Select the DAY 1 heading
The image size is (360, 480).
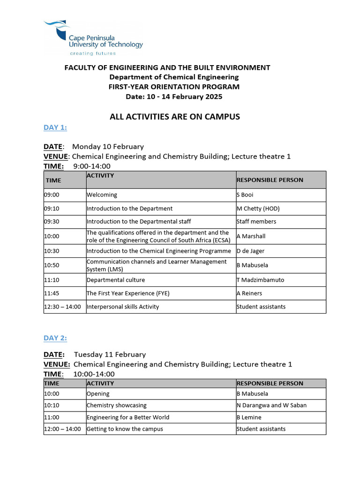(55, 127)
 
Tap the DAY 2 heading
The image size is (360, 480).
(55, 338)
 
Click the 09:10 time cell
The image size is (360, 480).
(52, 209)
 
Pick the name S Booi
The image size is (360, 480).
(245, 195)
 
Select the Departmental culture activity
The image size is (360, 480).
(116, 280)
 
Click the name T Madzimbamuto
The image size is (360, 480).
(260, 280)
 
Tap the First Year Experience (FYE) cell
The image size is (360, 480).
(128, 293)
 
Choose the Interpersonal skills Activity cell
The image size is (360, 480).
(123, 307)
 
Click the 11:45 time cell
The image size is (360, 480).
(52, 293)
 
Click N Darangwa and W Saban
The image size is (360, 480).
(271, 405)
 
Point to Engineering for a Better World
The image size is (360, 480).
(128, 417)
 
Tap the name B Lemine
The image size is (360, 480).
(249, 417)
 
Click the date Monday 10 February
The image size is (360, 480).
(108, 147)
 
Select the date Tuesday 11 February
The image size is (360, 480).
(110, 354)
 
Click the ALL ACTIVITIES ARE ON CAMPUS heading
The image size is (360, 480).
(175, 117)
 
